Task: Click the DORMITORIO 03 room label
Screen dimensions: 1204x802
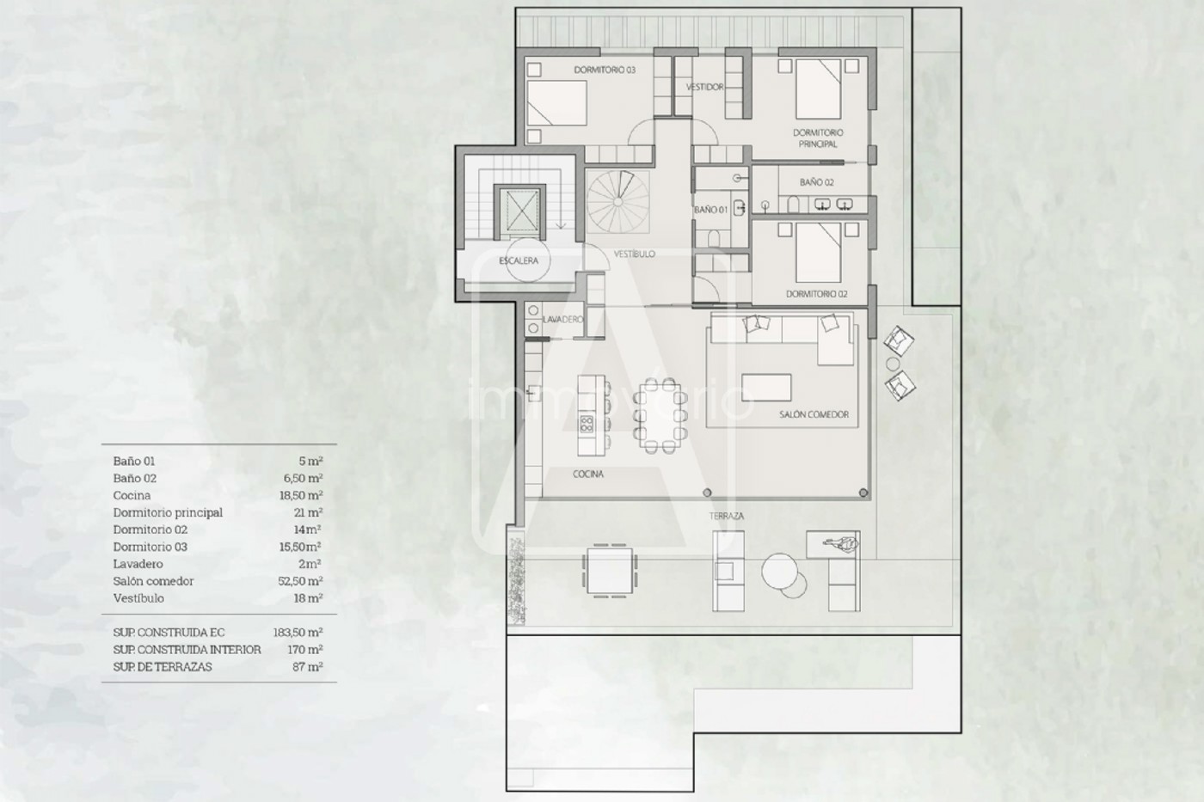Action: (x=605, y=70)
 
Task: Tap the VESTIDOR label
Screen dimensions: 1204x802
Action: (x=704, y=87)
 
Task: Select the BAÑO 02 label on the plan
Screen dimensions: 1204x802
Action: (x=816, y=182)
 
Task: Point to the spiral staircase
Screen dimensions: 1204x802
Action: (x=617, y=202)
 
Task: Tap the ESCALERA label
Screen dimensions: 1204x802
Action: (x=518, y=260)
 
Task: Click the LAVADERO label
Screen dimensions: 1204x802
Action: (x=562, y=320)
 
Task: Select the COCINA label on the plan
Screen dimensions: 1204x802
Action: (x=588, y=474)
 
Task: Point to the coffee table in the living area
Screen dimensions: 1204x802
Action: (x=766, y=388)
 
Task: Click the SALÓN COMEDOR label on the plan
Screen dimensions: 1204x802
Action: (x=814, y=414)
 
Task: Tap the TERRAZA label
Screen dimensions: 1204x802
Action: (x=726, y=517)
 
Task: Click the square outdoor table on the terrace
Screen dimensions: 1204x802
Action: (x=610, y=571)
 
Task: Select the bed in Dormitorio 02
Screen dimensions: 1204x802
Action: (x=818, y=253)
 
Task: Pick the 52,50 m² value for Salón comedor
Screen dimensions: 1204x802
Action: (x=301, y=581)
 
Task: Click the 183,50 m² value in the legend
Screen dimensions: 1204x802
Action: (x=298, y=633)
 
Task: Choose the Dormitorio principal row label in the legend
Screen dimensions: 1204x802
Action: (x=168, y=512)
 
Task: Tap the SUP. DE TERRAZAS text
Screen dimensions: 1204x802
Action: (x=163, y=667)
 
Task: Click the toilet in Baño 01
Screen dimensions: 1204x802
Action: (x=714, y=238)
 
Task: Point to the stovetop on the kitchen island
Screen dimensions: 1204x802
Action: (x=586, y=424)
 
